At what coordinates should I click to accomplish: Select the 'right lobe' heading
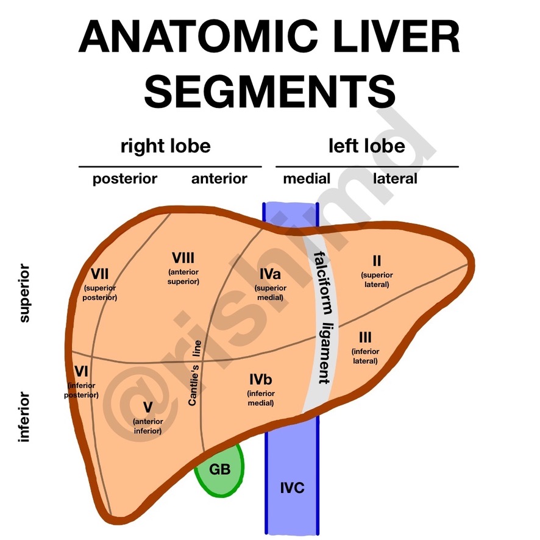click(165, 146)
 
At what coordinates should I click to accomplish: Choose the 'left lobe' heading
click(366, 146)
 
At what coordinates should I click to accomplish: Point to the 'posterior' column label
click(124, 179)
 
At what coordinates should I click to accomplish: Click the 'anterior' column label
click(219, 179)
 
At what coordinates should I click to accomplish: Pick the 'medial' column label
click(307, 179)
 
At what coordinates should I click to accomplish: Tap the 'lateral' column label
click(395, 179)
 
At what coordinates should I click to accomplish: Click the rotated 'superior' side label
click(24, 293)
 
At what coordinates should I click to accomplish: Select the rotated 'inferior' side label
click(24, 417)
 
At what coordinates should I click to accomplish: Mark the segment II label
click(377, 261)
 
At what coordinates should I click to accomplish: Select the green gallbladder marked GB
click(219, 469)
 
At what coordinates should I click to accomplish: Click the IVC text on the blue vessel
click(292, 488)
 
